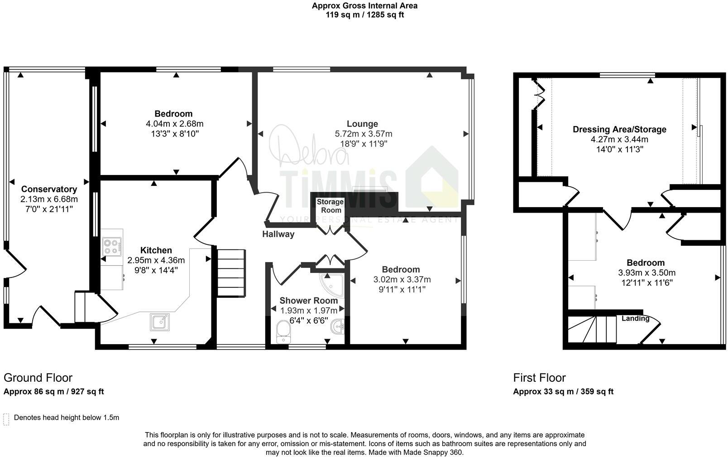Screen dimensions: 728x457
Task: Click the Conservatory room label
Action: [x=49, y=189]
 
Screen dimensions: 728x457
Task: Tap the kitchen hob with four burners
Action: [x=112, y=247]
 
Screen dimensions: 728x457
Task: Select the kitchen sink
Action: [x=159, y=322]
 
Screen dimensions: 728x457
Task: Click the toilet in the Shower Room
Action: [x=283, y=332]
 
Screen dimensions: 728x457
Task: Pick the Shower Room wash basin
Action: [x=338, y=326]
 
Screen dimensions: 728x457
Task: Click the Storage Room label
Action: [x=330, y=206]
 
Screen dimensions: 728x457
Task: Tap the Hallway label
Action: [x=278, y=234]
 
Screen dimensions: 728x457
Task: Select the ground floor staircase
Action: [x=231, y=273]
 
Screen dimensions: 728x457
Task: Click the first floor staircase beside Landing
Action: [x=592, y=329]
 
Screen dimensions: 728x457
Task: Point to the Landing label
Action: [x=635, y=318]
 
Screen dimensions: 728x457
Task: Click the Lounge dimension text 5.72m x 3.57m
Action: [x=364, y=134]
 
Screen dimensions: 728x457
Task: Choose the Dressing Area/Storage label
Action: [x=619, y=130]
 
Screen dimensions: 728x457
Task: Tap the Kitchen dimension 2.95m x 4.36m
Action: [x=156, y=260]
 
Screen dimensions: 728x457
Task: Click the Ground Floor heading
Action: [x=38, y=378]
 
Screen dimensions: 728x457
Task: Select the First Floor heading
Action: [x=540, y=378]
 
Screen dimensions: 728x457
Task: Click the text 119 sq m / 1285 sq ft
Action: [x=364, y=15]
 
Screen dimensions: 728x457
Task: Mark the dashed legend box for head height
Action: [x=6, y=419]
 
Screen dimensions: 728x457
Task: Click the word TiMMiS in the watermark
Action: [x=338, y=189]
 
